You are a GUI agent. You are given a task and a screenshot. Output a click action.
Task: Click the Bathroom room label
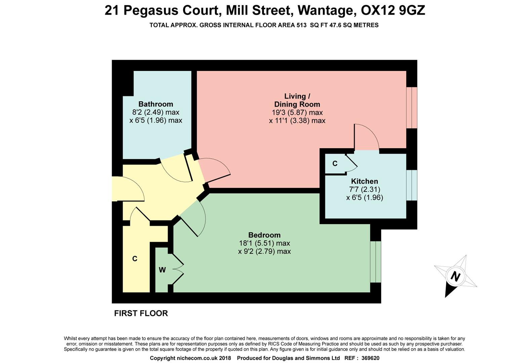click(x=156, y=104)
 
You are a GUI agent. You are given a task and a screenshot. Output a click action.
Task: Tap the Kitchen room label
click(x=364, y=182)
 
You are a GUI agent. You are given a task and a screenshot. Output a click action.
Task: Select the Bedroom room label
click(x=264, y=235)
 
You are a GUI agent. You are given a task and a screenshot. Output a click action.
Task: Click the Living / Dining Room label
click(x=297, y=100)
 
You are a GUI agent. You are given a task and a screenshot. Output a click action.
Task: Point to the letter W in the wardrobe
click(x=162, y=270)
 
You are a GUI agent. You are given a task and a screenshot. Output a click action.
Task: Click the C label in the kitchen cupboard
click(x=335, y=164)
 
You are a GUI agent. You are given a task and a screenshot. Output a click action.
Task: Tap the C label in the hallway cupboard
click(x=135, y=258)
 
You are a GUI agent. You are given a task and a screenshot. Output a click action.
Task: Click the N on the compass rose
click(x=455, y=277)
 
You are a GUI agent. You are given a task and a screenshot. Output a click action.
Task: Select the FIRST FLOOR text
click(x=141, y=313)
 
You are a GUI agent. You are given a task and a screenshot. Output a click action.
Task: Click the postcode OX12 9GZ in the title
click(x=393, y=10)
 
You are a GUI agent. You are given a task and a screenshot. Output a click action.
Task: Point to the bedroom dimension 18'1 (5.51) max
click(x=264, y=243)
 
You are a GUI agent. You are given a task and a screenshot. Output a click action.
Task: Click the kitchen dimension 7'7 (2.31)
click(x=365, y=190)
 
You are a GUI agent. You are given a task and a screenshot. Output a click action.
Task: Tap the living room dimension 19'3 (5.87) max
click(x=297, y=113)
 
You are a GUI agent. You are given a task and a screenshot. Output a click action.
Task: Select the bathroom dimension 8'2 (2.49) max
click(x=156, y=112)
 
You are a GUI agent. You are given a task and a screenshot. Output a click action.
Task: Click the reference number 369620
click(x=370, y=358)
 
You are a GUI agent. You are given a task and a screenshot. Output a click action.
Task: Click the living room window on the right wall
click(x=412, y=108)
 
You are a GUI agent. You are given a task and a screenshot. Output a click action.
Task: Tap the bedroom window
click(x=376, y=262)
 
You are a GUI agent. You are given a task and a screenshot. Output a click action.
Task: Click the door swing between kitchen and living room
click(x=366, y=138)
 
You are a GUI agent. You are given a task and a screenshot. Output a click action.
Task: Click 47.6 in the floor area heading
click(x=339, y=25)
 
